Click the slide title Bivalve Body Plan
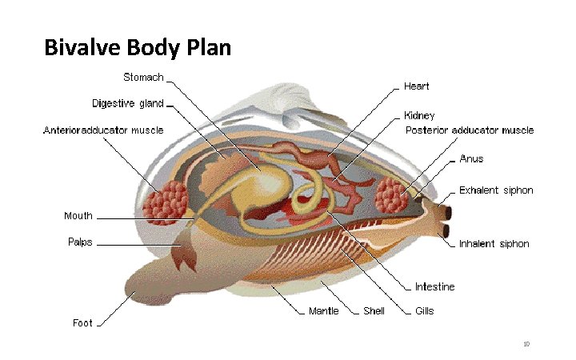[138, 48]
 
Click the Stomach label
[143, 78]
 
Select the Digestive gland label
[128, 103]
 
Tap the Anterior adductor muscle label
[103, 130]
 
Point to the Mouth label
[78, 216]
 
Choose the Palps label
[79, 242]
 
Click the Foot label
[82, 323]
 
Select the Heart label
[417, 85]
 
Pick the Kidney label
[419, 115]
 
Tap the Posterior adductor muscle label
[469, 130]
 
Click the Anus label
[471, 158]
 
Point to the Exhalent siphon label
[495, 190]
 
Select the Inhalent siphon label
[494, 244]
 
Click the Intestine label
[434, 286]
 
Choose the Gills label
[424, 310]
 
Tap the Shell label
[374, 310]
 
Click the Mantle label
[324, 310]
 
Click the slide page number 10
[526, 344]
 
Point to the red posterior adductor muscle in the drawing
[392, 194]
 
